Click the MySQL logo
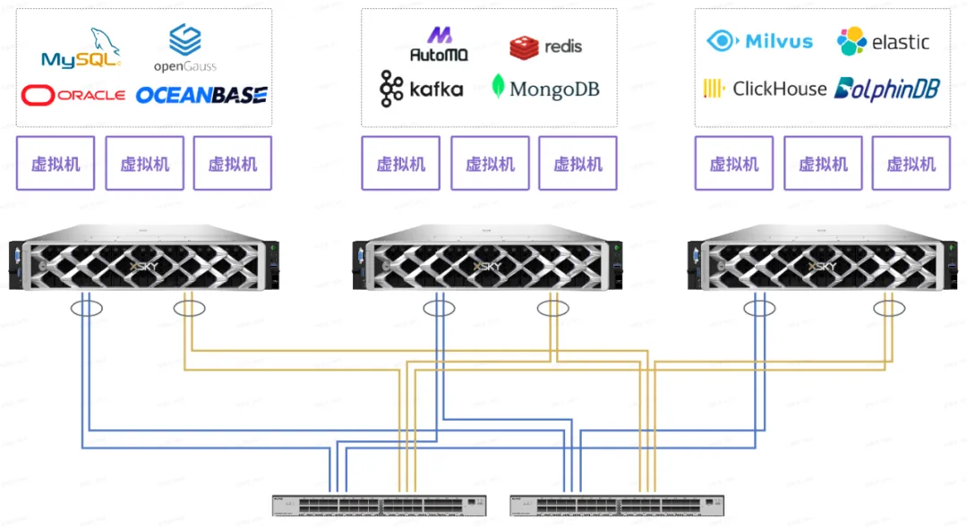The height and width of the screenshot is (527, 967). tap(80, 50)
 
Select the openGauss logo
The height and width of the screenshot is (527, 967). tap(185, 49)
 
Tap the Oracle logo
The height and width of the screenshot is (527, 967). tap(73, 94)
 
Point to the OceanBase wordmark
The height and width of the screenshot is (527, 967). tap(201, 95)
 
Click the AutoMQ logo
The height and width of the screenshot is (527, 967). tap(440, 45)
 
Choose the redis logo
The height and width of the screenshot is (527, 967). tap(545, 47)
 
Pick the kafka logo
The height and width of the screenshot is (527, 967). tap(422, 89)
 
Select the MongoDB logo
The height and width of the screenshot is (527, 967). tap(545, 89)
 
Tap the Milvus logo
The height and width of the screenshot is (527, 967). tap(760, 41)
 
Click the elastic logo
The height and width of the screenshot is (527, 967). tap(883, 42)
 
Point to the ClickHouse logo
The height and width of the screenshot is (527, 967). tap(765, 89)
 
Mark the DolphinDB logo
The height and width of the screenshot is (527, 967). tap(886, 89)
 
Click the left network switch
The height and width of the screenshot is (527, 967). tap(379, 505)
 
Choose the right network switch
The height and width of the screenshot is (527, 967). tap(616, 505)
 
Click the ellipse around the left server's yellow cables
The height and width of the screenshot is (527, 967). tap(189, 309)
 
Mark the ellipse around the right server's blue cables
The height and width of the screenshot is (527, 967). tap(759, 309)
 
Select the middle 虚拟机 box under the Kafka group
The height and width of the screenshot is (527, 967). tap(490, 164)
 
